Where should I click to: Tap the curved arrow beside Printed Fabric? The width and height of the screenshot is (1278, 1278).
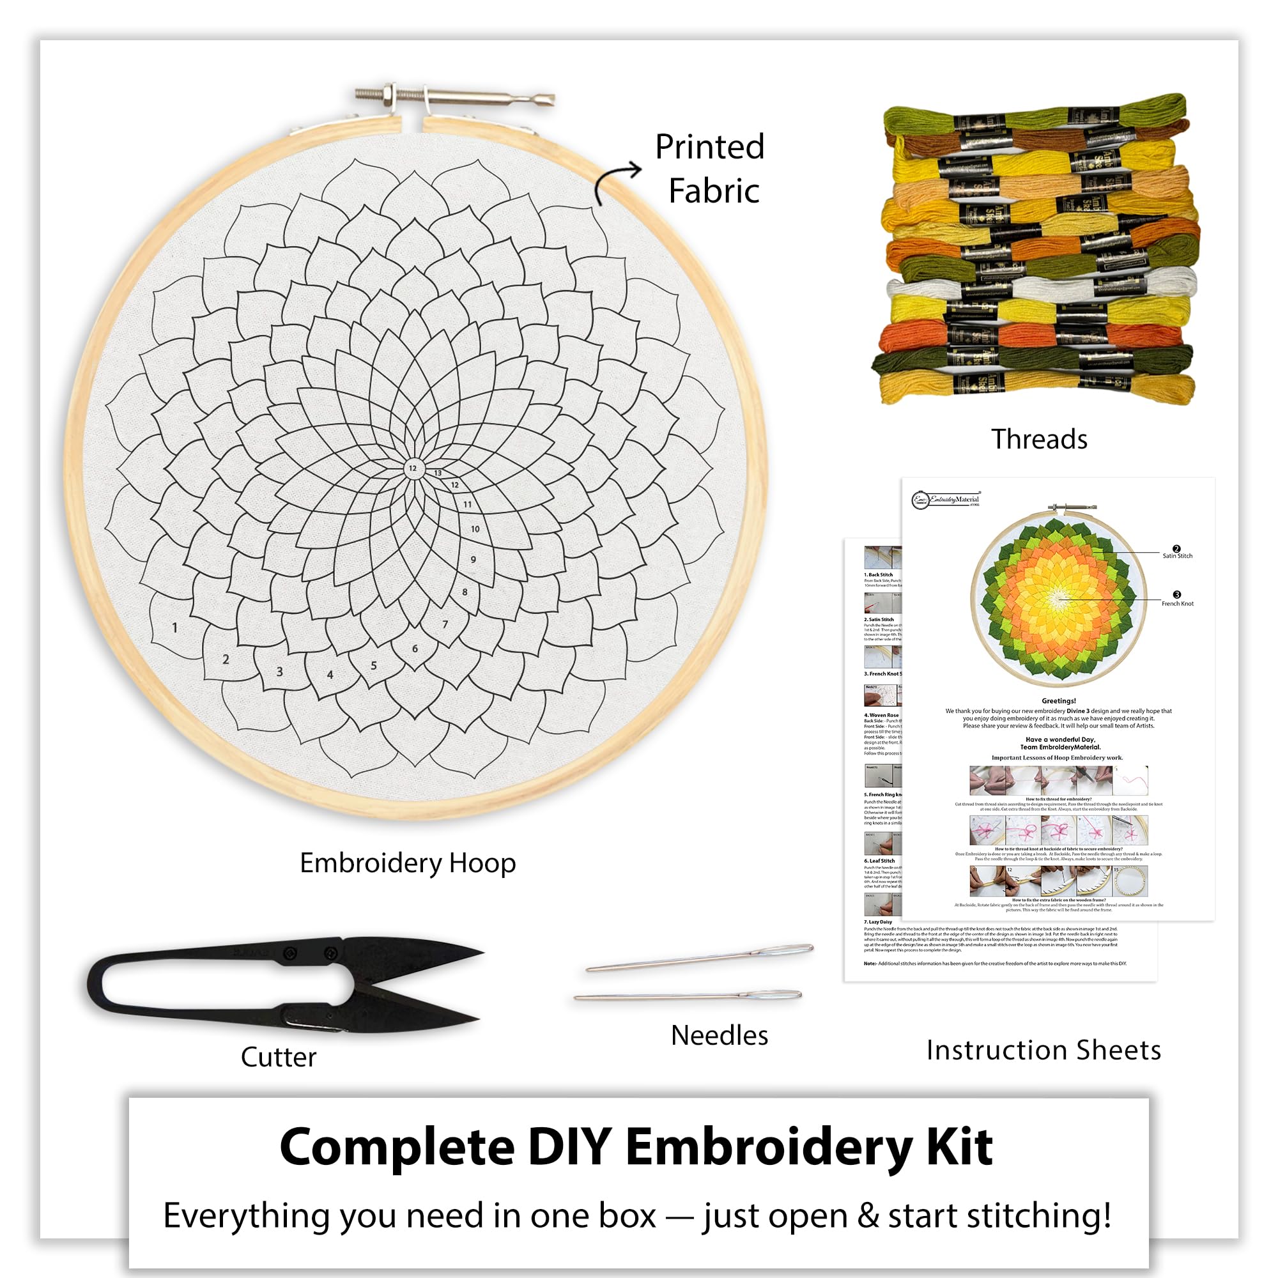pos(615,182)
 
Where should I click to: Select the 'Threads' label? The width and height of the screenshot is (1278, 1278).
pos(1038,439)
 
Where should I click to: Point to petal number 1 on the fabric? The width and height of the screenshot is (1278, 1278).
pos(174,627)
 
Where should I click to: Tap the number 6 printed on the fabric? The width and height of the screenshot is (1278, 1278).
pos(415,648)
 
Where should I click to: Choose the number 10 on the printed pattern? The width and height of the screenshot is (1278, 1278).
pos(475,529)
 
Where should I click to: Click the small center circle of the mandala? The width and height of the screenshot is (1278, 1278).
pos(413,468)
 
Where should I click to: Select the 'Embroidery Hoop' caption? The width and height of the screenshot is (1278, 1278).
pos(408,863)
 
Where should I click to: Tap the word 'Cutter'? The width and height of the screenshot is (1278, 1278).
pos(279,1057)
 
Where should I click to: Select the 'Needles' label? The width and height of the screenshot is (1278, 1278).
pos(719,1035)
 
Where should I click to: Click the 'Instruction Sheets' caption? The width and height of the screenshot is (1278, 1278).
pos(1043,1050)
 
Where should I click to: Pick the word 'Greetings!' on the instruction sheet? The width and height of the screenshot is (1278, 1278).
pos(1058,700)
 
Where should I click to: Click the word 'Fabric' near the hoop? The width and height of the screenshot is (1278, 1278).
pos(714,191)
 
